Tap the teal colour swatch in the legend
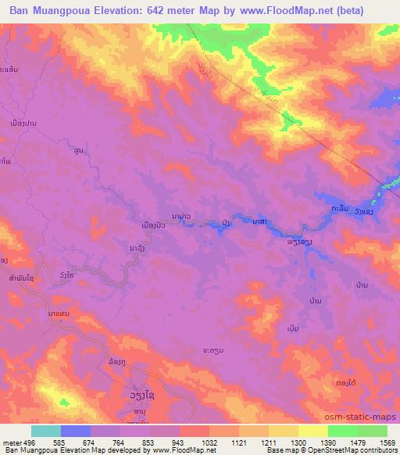tap(46, 431)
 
